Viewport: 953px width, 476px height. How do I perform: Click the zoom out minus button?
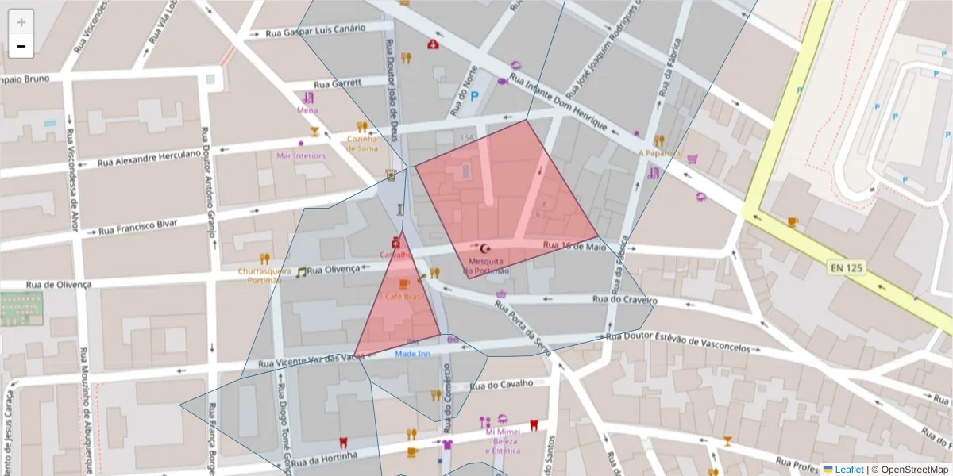[21, 47]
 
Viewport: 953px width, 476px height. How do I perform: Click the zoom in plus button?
[21, 22]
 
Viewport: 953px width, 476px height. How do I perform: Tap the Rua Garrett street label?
[338, 83]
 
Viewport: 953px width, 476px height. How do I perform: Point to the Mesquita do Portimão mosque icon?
[486, 248]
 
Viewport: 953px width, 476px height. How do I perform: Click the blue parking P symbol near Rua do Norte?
[475, 97]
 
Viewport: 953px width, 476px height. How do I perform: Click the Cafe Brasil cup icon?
[403, 283]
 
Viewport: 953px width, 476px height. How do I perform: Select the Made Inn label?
[412, 354]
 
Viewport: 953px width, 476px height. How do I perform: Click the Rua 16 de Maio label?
[574, 247]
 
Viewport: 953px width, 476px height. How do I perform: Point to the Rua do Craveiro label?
[625, 300]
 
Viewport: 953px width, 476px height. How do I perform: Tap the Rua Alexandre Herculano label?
[149, 158]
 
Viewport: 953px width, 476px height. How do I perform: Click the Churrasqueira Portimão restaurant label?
[264, 274]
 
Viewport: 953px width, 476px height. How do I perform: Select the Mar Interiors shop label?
[300, 155]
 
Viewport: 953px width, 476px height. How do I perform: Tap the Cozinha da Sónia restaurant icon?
[362, 126]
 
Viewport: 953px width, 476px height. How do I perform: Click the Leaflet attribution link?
[849, 470]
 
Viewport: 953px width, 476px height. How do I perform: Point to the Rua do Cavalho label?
[501, 386]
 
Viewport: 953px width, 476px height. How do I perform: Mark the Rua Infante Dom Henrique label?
[558, 104]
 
